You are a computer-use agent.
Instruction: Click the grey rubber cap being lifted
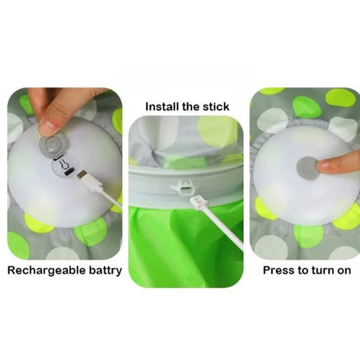pos(53,144)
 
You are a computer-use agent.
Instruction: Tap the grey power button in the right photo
pos(307,167)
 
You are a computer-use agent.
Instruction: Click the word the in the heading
pos(189,107)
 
